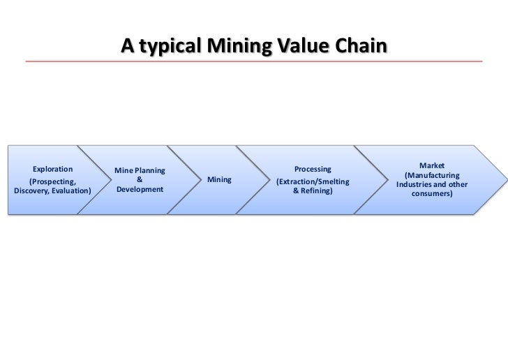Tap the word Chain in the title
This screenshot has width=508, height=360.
tap(358, 45)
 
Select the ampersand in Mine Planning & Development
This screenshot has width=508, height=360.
tap(140, 179)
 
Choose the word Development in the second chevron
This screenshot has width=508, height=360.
tap(140, 190)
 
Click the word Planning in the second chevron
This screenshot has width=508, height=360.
tap(150, 170)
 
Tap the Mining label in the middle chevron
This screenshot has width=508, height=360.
tap(219, 180)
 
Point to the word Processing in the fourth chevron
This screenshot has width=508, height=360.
tap(313, 169)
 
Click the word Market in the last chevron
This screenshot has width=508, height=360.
tap(432, 165)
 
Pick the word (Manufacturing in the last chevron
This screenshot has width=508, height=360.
tap(432, 174)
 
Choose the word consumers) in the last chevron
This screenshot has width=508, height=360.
tap(432, 194)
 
